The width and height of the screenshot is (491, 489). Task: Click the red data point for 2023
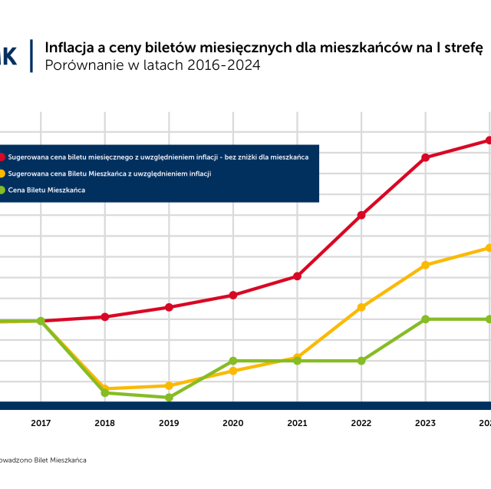425,157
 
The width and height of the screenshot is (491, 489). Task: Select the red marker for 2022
361,215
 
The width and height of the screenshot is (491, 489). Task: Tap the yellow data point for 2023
425,265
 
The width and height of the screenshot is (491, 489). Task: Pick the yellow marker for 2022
361,307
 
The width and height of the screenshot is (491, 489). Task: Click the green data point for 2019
169,398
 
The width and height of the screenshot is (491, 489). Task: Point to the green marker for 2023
425,319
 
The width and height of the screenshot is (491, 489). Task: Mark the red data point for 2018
105,316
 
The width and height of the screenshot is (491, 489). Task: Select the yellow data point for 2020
233,371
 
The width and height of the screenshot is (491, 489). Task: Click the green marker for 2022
361,361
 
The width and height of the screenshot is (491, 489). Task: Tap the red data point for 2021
297,276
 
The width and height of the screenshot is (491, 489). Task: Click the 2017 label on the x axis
41,423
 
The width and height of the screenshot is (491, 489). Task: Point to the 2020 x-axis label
233,423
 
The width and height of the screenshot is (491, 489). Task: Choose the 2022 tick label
361,423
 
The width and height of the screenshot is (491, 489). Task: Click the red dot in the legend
2,157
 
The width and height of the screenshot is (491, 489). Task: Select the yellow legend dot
2,173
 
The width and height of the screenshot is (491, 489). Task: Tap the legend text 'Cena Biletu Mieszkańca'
47,190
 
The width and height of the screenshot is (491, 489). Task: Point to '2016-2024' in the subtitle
223,65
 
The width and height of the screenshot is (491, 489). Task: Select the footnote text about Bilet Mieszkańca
42,460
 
